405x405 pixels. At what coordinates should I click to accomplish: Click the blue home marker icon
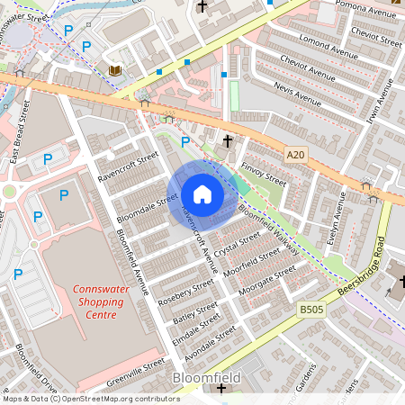pos(202,194)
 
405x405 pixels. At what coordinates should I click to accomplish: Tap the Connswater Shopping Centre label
pos(100,307)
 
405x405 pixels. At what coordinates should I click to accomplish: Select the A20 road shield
pos(296,156)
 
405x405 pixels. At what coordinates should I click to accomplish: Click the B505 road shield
pos(311,310)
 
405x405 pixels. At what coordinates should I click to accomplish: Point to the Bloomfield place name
pos(206,378)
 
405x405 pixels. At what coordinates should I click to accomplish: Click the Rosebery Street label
pos(185,292)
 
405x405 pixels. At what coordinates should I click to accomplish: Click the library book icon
pos(114,69)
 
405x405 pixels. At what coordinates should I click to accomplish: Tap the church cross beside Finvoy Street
pos(229,140)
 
